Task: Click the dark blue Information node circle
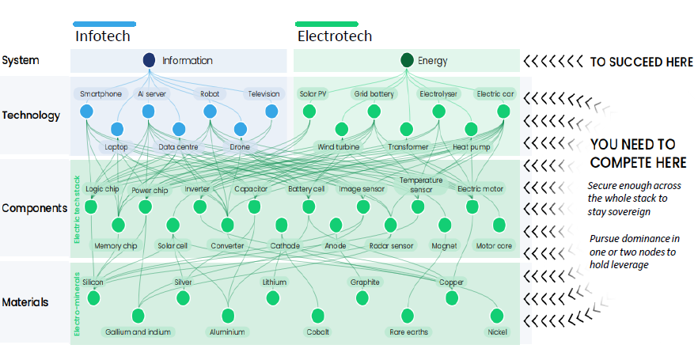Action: click(x=149, y=60)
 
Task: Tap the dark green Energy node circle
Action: click(x=407, y=60)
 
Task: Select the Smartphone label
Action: click(x=101, y=94)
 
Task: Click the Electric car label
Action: click(x=495, y=94)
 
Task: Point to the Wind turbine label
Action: click(x=339, y=147)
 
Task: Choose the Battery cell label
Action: click(x=305, y=189)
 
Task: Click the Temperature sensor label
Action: click(x=421, y=184)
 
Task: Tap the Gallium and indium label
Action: click(x=138, y=332)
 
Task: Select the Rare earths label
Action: click(x=408, y=332)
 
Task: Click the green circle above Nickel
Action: click(x=497, y=316)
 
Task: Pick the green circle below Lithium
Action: click(x=273, y=297)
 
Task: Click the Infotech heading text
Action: click(x=103, y=36)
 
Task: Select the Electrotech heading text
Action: click(x=335, y=36)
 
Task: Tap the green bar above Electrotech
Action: click(x=327, y=24)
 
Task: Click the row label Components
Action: click(x=34, y=208)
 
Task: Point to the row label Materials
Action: click(x=25, y=302)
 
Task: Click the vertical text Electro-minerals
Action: click(x=77, y=304)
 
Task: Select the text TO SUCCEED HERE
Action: click(x=642, y=62)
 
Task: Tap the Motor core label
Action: click(x=494, y=245)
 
